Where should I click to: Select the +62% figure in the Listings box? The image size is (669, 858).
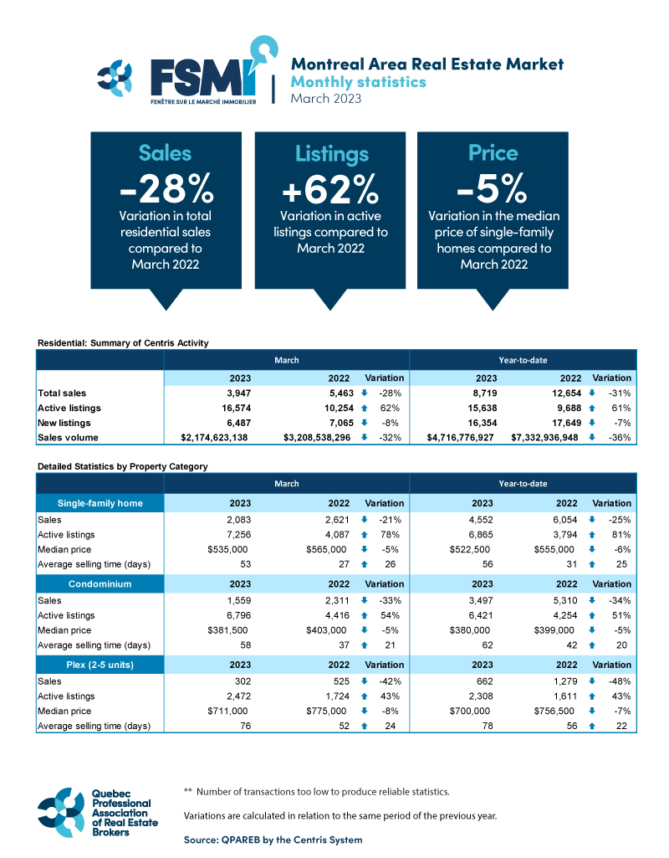pyautogui.click(x=331, y=189)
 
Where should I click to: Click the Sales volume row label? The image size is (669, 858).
pyautogui.click(x=68, y=438)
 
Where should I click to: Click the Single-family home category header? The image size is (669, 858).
pyautogui.click(x=100, y=503)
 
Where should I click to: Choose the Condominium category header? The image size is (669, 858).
pyautogui.click(x=100, y=584)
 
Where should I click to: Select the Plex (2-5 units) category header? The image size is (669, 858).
pyautogui.click(x=100, y=665)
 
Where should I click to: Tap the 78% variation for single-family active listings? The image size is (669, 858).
pyautogui.click(x=394, y=534)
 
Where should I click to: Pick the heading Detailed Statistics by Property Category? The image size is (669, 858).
pyautogui.click(x=122, y=465)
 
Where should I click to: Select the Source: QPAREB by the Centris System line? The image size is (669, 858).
pyautogui.click(x=273, y=839)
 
